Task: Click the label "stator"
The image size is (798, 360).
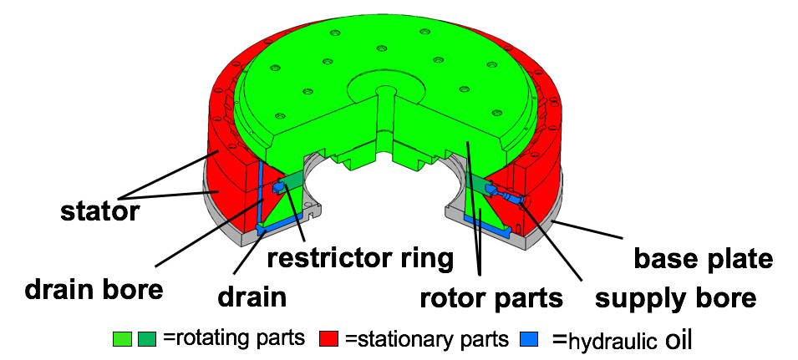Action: tap(99, 212)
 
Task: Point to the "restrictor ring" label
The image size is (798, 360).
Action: tap(360, 258)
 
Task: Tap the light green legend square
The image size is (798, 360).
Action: tap(121, 339)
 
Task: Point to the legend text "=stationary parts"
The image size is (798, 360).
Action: tap(425, 339)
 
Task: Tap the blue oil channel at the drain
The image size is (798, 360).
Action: tap(280, 222)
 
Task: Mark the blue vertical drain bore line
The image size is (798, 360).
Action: tap(262, 192)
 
